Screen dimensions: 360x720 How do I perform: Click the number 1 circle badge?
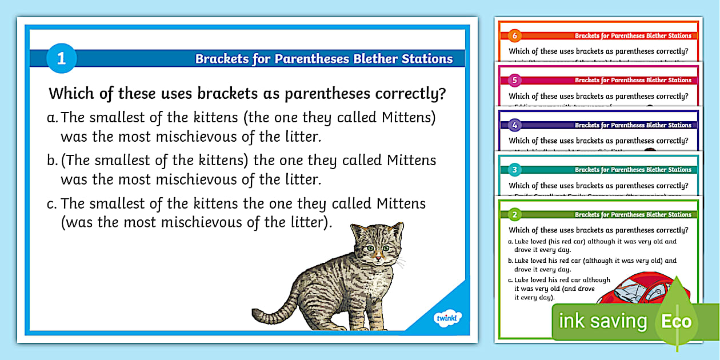point(61,58)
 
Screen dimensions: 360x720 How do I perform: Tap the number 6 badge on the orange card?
point(514,35)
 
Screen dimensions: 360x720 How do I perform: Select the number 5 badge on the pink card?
point(514,80)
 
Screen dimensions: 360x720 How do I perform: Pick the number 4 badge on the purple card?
point(514,125)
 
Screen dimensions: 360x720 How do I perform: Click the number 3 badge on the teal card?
point(514,170)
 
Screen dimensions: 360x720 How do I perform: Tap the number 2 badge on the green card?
point(514,215)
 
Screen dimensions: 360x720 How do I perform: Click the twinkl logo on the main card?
point(447,317)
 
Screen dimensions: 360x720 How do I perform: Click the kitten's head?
point(375,246)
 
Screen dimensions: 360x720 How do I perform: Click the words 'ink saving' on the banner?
point(603,321)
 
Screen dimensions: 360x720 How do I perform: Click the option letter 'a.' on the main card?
point(53,118)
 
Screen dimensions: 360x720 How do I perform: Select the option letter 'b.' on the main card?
point(53,161)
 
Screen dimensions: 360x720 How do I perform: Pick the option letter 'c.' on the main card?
point(53,203)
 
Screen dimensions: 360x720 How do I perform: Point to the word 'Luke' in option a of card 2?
point(521,242)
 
